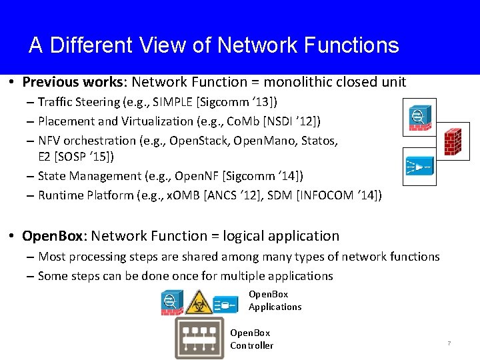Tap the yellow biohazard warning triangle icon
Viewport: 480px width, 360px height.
(x=199, y=303)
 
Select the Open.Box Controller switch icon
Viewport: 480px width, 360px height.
(x=199, y=338)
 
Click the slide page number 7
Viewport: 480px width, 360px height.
(x=449, y=343)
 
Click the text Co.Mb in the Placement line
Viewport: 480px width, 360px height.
(x=243, y=121)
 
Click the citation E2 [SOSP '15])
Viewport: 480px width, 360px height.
(x=75, y=157)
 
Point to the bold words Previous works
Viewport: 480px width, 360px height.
(x=74, y=82)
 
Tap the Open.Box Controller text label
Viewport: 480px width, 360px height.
(x=251, y=339)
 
